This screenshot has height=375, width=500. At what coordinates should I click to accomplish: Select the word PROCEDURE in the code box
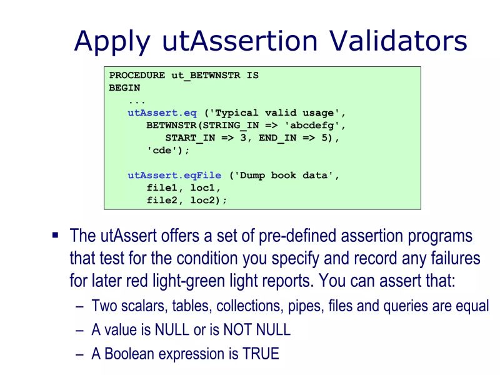137,76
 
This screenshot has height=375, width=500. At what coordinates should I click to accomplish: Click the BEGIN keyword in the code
125,88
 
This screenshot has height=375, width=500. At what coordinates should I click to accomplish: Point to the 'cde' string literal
165,151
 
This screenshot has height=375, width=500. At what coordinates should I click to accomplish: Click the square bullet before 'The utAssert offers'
55,236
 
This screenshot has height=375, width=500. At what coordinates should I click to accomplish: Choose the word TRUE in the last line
261,354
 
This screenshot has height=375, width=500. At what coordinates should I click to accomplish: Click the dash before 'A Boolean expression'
79,354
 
